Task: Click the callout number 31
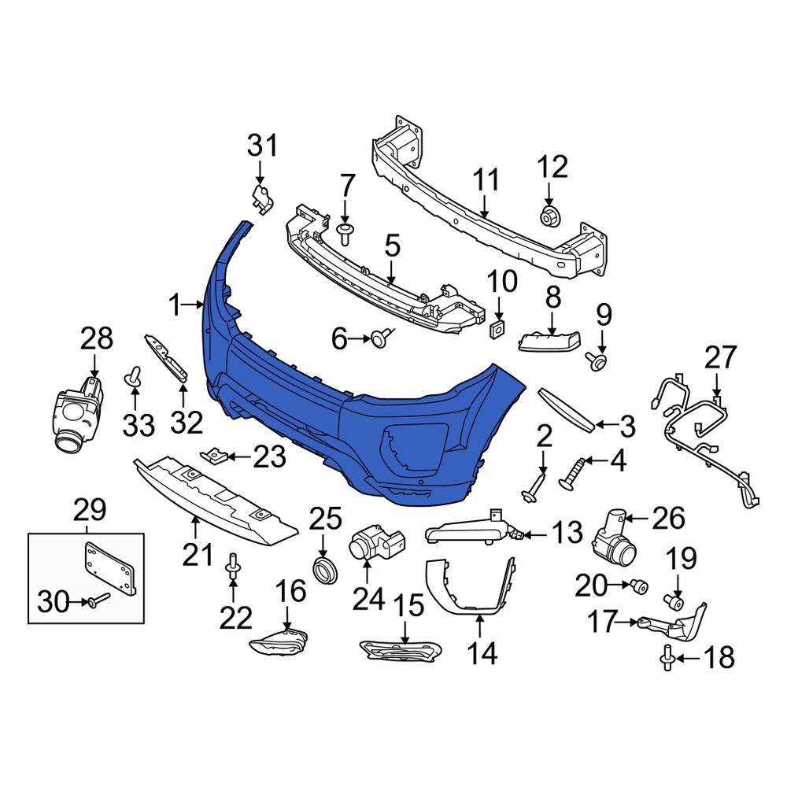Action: point(263,145)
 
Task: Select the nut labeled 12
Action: point(549,215)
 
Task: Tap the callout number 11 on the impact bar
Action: point(486,179)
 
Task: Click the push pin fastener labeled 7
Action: point(345,231)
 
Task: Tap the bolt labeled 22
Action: point(232,567)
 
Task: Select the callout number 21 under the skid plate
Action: point(198,555)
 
